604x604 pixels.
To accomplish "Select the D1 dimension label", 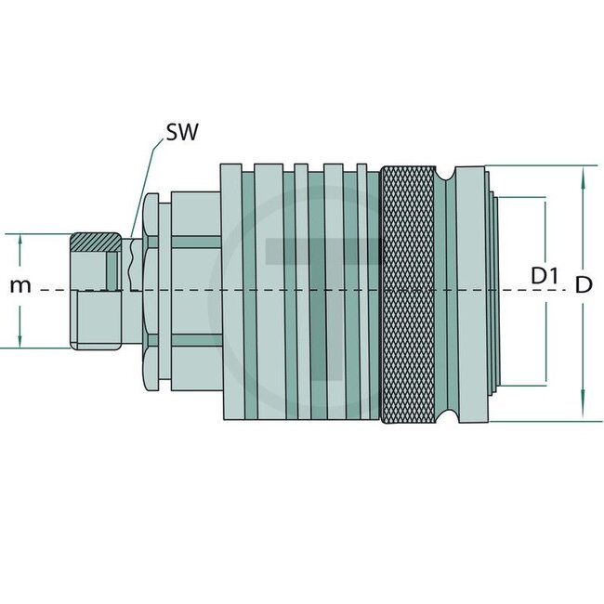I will pos(545,276).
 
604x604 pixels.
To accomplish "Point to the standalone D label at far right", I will pos(583,287).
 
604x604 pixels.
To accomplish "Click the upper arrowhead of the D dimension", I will pos(583,172).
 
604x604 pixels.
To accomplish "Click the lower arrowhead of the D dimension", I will pos(583,414).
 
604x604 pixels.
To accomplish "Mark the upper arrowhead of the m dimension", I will pos(20,238).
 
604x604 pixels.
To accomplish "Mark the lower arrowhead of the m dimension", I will pos(20,343).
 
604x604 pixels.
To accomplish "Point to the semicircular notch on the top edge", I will pos(447,173).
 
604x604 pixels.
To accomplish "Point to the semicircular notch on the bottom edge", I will pos(447,414).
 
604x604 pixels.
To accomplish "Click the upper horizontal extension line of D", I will pos(539,166).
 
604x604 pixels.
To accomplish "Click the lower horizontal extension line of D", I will pos(539,421).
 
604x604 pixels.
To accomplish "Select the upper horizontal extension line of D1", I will pos(525,198).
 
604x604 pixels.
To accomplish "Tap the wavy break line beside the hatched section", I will pos(136,265).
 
